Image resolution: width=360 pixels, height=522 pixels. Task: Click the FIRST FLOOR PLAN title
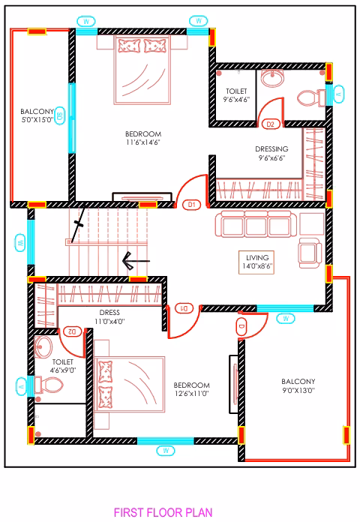click(x=163, y=512)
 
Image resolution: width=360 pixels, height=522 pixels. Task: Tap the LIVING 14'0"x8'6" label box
click(x=256, y=262)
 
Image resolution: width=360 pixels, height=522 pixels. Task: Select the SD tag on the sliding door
click(x=59, y=115)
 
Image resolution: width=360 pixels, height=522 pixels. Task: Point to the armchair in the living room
click(x=310, y=253)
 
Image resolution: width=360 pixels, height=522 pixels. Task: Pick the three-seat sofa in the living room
click(x=256, y=224)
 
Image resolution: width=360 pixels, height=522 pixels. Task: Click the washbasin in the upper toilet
click(x=272, y=78)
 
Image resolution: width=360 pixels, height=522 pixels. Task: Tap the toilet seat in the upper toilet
click(x=309, y=98)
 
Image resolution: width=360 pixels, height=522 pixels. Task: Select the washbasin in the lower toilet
click(x=43, y=346)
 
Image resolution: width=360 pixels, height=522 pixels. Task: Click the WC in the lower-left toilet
click(x=49, y=385)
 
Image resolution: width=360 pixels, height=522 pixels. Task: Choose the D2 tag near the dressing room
click(x=271, y=124)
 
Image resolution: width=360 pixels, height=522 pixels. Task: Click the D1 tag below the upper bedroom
click(x=192, y=205)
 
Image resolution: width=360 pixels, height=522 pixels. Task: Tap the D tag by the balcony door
click(x=241, y=326)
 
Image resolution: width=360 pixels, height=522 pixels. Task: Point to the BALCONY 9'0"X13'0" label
click(x=298, y=385)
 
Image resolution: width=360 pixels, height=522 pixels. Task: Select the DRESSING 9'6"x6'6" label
click(x=271, y=153)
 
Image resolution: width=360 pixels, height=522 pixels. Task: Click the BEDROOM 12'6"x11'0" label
click(x=191, y=389)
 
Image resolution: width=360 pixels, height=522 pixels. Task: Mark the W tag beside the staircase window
click(x=20, y=243)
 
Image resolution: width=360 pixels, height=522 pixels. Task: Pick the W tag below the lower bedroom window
click(x=166, y=451)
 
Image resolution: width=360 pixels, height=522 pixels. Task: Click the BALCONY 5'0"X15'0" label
click(x=37, y=115)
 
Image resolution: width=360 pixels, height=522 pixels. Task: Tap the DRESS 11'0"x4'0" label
click(x=109, y=317)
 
